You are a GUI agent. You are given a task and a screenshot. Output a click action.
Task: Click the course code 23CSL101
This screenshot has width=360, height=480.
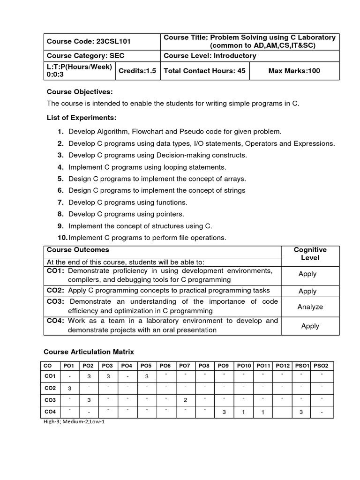[113, 41]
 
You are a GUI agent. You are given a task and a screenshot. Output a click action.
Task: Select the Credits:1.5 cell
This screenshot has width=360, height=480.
[137, 71]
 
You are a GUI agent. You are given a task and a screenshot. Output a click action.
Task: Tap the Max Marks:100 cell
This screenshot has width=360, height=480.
[294, 71]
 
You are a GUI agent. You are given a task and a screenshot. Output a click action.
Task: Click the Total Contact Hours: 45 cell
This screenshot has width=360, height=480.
[204, 71]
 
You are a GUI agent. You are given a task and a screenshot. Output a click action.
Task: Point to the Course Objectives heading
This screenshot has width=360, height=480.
[80, 91]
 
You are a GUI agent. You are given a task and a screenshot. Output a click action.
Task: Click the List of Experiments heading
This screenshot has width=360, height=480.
[82, 117]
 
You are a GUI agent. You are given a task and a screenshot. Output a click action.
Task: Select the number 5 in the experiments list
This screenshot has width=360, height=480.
[60, 179]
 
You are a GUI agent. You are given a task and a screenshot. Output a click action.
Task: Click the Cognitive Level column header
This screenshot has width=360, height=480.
[310, 254]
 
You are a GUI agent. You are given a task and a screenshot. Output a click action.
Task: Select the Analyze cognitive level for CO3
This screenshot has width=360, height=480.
[310, 307]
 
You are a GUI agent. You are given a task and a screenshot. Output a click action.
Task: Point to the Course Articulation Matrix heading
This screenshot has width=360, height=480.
[89, 352]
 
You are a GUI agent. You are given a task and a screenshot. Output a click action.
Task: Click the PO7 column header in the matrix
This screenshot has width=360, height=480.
[184, 366]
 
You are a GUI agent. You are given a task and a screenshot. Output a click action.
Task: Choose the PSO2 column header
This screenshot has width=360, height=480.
[321, 366]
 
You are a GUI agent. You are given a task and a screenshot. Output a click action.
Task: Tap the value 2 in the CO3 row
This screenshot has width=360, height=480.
[186, 400]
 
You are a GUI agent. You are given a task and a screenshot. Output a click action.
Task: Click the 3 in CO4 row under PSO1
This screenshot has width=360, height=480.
[302, 412]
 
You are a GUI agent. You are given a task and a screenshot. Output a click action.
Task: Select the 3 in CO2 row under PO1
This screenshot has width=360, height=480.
[69, 389]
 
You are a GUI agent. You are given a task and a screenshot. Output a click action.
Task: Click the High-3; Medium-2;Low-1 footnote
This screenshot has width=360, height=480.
[74, 421]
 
